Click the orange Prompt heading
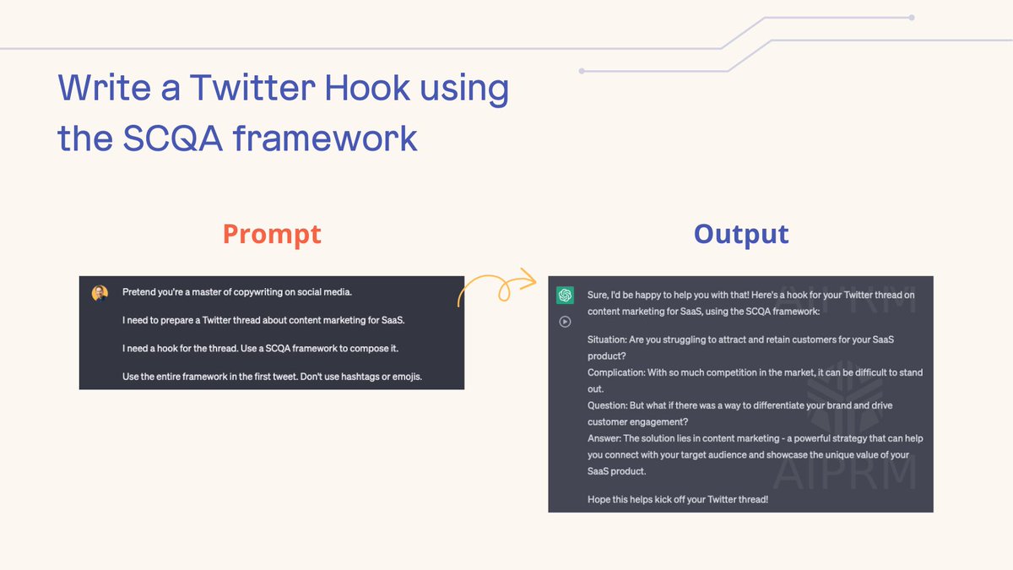[272, 234]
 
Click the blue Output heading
[741, 234]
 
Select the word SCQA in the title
[172, 137]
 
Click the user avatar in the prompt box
[100, 293]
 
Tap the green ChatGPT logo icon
[565, 295]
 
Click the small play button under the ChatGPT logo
[565, 321]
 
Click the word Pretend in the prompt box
[141, 292]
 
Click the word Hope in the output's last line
[599, 499]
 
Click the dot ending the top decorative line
[911, 17]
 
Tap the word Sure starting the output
[598, 295]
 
